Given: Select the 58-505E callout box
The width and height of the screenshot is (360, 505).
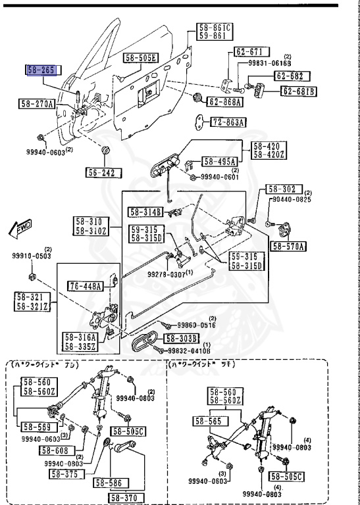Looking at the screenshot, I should (x=140, y=58).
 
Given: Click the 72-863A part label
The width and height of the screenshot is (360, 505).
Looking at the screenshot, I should (x=228, y=122).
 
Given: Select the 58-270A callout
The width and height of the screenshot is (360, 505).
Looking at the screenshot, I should (x=38, y=104).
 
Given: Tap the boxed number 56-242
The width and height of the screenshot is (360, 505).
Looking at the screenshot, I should (x=104, y=173).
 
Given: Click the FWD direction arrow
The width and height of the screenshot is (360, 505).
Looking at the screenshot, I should (x=23, y=228).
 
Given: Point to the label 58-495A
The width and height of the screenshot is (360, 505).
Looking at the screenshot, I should (x=220, y=160).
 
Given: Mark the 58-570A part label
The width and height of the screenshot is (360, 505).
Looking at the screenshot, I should (x=288, y=247).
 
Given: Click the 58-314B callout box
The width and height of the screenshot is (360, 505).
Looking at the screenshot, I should (x=145, y=212).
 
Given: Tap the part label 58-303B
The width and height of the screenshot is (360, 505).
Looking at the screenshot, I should (x=182, y=338).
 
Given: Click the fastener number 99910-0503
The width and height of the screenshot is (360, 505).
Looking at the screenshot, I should (x=31, y=257).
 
